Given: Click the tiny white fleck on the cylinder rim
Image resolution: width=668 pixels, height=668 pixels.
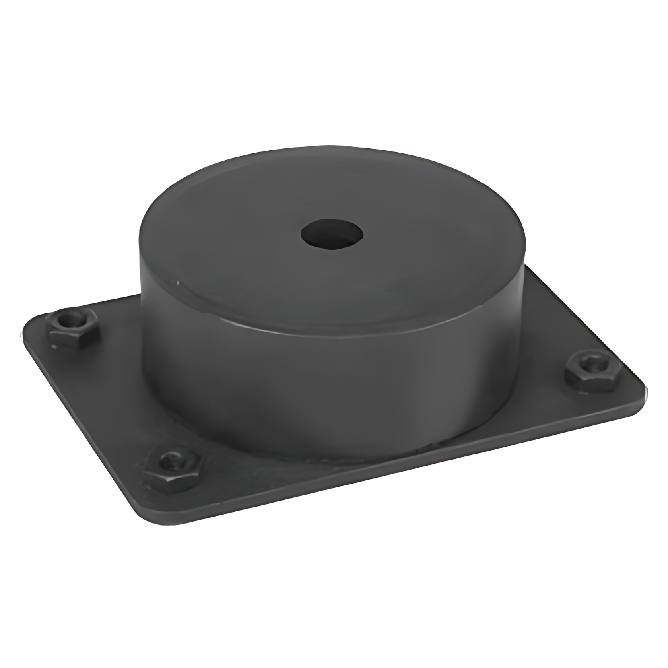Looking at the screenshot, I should pyautogui.click(x=179, y=283).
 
